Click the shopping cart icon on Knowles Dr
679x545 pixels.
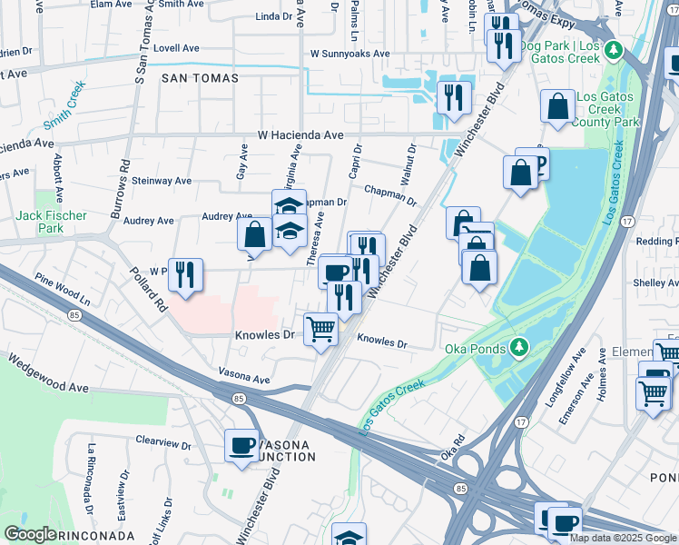(320, 329)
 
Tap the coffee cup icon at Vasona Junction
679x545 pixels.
(241, 446)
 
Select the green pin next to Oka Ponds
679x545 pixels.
(517, 347)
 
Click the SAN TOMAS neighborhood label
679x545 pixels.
(200, 78)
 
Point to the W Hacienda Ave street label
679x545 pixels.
(300, 134)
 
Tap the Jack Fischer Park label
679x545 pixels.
(51, 222)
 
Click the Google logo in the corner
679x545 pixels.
(30, 534)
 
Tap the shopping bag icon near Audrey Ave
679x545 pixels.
(255, 233)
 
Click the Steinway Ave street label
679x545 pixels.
(162, 181)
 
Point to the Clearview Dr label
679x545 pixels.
(162, 446)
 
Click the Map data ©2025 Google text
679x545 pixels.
(623, 538)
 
